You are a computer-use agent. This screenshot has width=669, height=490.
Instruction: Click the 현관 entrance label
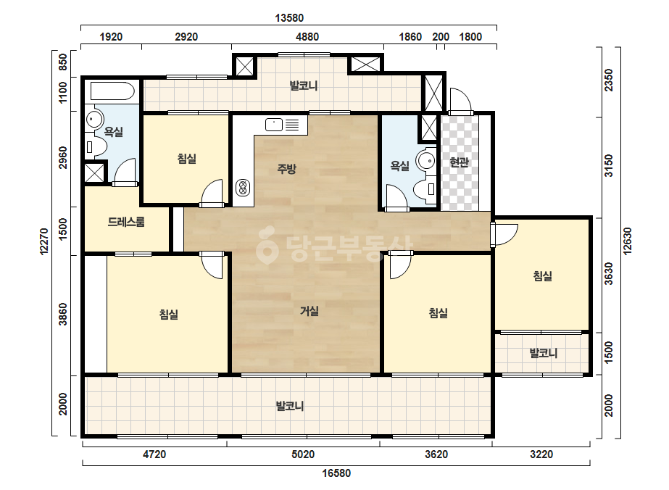point(459,162)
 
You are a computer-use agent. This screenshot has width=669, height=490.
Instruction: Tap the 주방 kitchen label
point(287,169)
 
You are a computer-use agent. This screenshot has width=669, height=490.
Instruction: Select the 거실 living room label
point(309,311)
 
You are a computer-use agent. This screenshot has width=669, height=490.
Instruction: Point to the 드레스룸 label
point(126,222)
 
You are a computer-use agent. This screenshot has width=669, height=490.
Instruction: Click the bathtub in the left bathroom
point(112,91)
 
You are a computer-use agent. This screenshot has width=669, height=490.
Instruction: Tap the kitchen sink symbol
point(274,125)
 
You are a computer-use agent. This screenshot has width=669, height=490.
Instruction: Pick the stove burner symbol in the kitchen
point(243,188)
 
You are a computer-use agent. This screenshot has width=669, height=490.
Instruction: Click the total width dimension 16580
point(336,473)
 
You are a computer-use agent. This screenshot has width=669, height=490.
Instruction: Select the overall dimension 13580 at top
point(289,18)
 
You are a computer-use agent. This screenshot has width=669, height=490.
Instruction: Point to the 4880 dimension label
point(307,37)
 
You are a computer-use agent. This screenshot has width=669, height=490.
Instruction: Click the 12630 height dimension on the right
point(627,241)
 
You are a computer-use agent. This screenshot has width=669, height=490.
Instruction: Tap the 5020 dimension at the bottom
point(303,454)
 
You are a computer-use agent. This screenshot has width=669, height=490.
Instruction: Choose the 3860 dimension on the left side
point(63,314)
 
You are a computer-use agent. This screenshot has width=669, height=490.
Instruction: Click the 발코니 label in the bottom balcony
point(290,406)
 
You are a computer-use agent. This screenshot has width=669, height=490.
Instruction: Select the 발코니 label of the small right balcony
point(543,354)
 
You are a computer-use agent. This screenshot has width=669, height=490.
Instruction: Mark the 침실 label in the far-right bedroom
point(543,276)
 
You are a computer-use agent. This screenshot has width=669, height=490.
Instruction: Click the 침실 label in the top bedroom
point(187,159)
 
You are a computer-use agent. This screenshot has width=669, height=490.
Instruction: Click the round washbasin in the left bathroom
point(94,119)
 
